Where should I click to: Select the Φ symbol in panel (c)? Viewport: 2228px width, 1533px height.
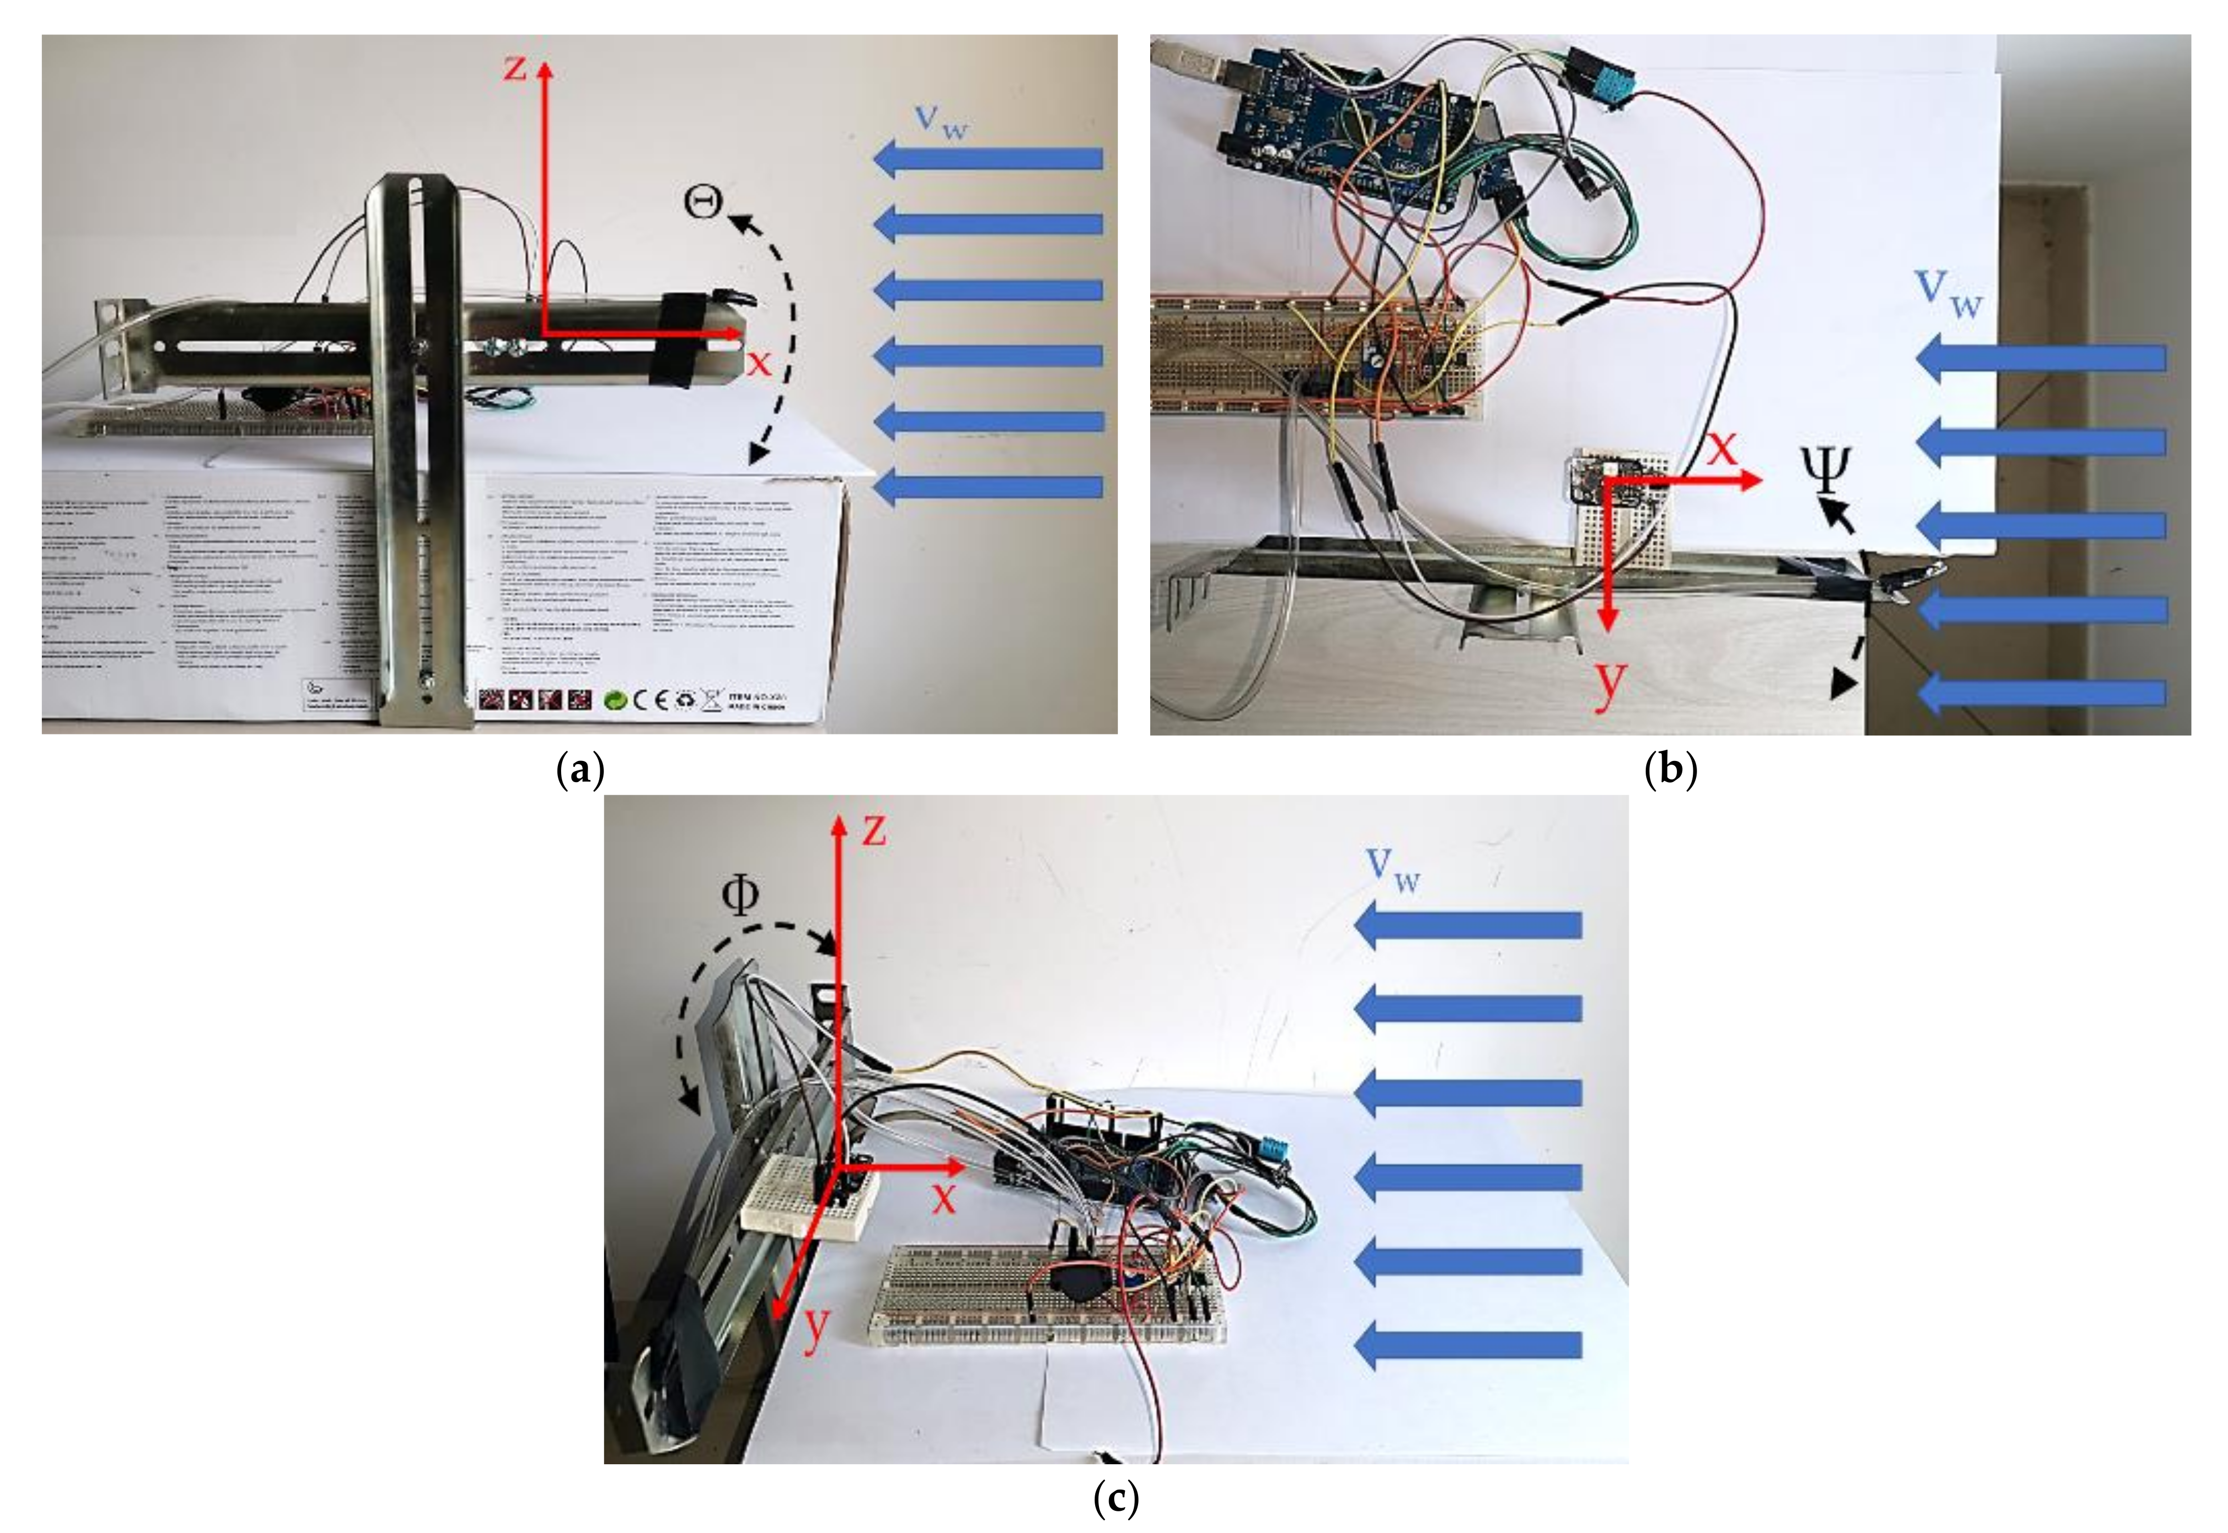(x=739, y=895)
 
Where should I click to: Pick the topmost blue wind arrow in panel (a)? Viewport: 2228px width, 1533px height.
(x=988, y=159)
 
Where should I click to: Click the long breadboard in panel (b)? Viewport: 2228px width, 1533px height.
(x=1316, y=357)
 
